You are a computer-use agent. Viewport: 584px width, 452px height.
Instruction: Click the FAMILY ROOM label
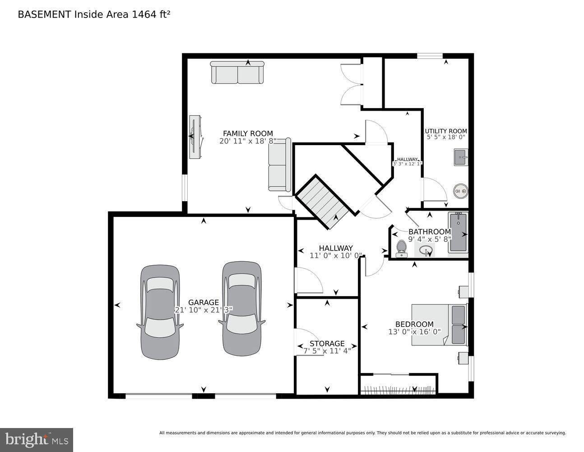248,133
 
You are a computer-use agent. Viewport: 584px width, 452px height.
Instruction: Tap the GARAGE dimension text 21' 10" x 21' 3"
204,310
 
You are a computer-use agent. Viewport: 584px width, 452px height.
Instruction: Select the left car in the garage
160,312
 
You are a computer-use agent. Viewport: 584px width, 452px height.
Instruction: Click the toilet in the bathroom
401,249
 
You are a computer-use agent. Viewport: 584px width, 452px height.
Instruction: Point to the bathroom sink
424,250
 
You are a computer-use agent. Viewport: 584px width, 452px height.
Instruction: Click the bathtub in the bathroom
458,233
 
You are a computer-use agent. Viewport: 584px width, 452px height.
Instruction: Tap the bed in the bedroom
439,325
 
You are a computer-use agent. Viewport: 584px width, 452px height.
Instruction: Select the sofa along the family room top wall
237,73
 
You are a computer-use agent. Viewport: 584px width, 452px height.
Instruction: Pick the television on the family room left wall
195,137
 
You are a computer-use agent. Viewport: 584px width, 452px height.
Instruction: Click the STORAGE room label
327,344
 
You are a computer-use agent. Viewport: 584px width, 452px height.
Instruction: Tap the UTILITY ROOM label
445,131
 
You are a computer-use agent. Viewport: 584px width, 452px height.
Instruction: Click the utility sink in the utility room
460,157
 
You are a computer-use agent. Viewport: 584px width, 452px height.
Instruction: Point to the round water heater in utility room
460,191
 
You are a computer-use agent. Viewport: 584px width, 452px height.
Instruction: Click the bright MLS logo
36,439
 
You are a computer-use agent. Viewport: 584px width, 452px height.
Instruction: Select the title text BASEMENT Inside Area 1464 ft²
94,14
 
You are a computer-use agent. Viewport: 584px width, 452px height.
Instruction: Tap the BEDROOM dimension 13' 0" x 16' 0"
414,331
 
